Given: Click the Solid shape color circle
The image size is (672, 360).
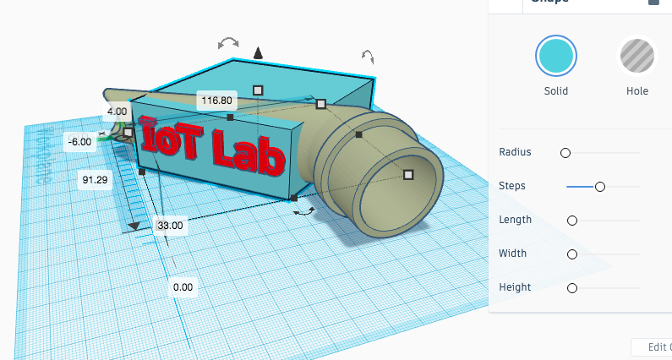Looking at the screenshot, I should pos(555,57).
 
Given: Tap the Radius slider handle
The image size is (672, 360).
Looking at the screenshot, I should pos(565,152).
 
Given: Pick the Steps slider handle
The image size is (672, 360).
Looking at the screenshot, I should pos(599,186).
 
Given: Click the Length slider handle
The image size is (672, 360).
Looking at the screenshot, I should pos(572,220).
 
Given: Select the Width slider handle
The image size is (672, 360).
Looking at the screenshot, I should pos(572,254).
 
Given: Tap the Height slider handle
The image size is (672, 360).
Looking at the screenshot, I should pos(572,287).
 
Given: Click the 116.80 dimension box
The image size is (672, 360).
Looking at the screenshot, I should pos(216,101).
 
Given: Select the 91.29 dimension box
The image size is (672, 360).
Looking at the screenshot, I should pos(96,179).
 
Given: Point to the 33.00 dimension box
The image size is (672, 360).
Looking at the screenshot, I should pos(170,225).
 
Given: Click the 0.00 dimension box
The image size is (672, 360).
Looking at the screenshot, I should pos(183,286).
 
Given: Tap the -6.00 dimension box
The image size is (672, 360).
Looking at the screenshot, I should pos(80,142).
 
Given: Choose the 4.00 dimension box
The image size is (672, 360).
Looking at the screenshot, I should pos(117,111).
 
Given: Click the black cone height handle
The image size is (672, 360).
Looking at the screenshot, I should pos(259,54).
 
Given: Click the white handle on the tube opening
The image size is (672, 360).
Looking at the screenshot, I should pos(408,174).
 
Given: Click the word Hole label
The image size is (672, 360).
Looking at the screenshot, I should pos(637,91).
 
